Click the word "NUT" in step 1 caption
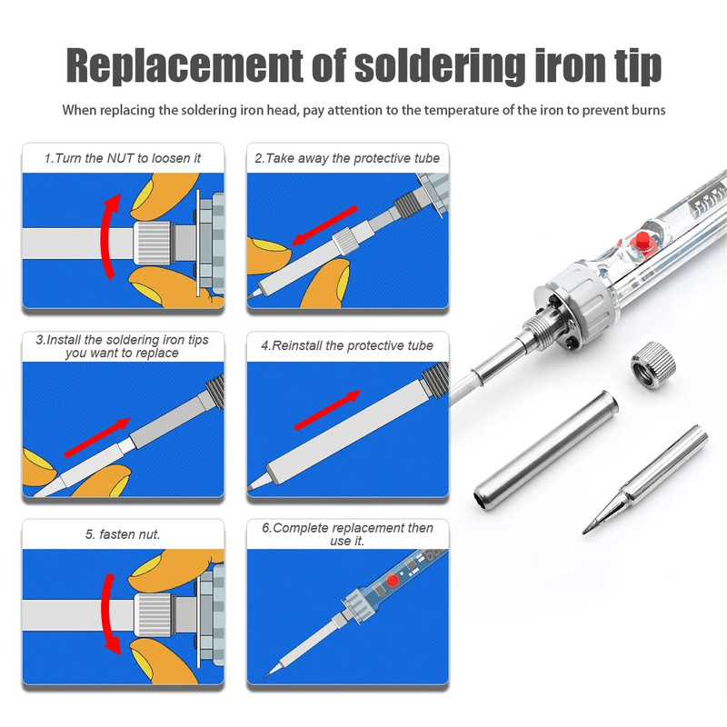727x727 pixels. pyautogui.click(x=121, y=158)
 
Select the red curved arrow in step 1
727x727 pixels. pyautogui.click(x=109, y=236)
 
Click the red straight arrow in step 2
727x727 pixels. pyautogui.click(x=324, y=225)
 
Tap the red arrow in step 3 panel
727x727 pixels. pyautogui.click(x=97, y=438)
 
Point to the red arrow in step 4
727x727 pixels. pyautogui.click(x=327, y=410)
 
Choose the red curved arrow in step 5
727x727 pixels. pyautogui.click(x=109, y=614)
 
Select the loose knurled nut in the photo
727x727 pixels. pyautogui.click(x=652, y=365)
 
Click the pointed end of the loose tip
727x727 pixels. pyautogui.click(x=583, y=533)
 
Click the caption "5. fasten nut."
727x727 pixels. pyautogui.click(x=123, y=534)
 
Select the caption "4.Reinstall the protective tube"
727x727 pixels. pyautogui.click(x=347, y=345)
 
